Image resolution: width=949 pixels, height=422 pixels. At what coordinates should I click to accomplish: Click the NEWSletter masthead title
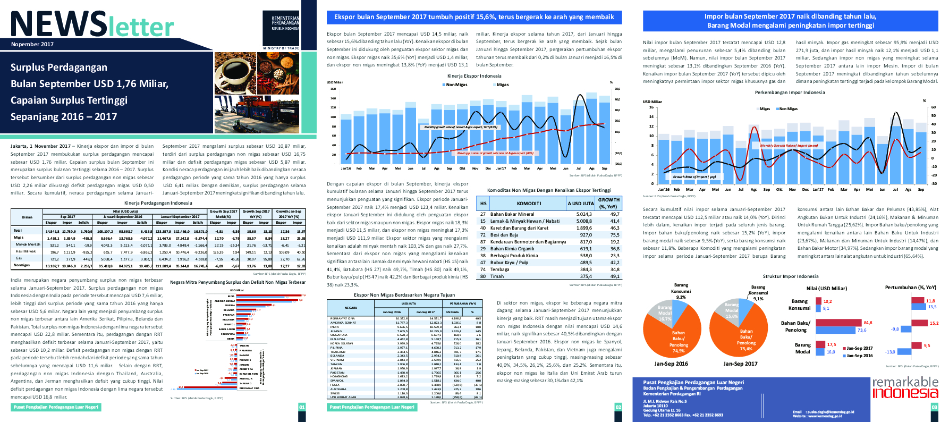pos(92,24)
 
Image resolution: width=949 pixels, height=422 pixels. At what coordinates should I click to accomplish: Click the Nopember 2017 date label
pos(32,44)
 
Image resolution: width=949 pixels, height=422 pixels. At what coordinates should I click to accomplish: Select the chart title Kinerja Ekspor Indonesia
pos(474,76)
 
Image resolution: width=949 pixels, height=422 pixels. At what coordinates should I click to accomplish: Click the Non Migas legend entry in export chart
pos(456,85)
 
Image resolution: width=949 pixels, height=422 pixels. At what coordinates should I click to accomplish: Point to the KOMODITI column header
pos(529,203)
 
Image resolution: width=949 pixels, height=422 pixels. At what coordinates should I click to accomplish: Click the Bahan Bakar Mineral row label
pos(512,214)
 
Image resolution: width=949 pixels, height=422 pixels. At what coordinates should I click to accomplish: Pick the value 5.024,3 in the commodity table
pos(584,214)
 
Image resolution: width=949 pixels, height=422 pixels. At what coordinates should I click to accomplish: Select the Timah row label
pos(497,276)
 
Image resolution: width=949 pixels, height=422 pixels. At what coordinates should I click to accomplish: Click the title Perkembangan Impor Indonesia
pos(790,92)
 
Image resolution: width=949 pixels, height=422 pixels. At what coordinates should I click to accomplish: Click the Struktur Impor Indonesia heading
pos(790,276)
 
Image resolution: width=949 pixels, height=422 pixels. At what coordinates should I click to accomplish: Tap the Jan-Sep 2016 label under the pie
pos(671,364)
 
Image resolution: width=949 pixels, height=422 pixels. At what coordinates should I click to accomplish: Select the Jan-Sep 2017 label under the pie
pos(740,364)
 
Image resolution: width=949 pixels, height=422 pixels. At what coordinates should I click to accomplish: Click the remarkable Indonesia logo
pos(905,387)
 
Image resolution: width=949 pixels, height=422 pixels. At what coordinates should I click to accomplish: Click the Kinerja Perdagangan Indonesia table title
pos(158,203)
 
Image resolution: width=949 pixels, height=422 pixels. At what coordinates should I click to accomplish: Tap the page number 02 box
pos(618,407)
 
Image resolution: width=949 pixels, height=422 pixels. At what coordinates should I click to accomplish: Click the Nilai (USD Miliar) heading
pos(826,289)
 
